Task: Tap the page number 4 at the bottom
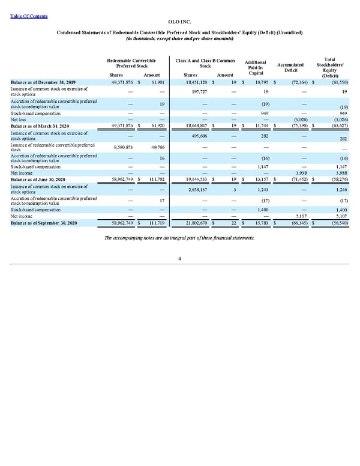tap(180, 259)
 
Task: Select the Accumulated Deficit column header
tap(291, 67)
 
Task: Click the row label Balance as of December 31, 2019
tap(43, 82)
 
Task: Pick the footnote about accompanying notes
tap(180, 238)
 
